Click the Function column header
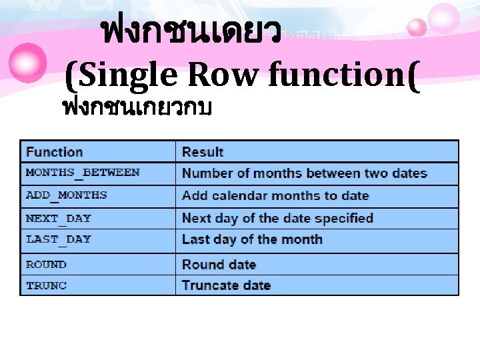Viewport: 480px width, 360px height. pos(55,152)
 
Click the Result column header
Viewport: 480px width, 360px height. pos(203,152)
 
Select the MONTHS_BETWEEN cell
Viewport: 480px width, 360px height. pos(83,173)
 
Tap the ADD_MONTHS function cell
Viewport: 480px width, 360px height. pos(66,195)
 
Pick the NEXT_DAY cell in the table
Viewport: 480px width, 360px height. pos(59,218)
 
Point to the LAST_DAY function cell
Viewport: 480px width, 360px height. pos(59,239)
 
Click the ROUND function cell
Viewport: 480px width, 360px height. pos(46,265)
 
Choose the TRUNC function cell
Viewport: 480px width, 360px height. pos(46,285)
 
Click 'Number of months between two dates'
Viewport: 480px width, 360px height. pos(305,173)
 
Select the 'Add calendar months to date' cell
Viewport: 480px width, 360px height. pos(275,196)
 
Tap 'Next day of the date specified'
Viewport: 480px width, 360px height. pos(277,218)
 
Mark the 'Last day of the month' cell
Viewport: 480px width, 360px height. pos(252,239)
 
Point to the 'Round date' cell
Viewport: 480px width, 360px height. pos(219,265)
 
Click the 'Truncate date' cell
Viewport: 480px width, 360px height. pos(226,285)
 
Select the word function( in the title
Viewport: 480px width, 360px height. pos(344,75)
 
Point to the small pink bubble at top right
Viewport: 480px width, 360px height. pos(417,27)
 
